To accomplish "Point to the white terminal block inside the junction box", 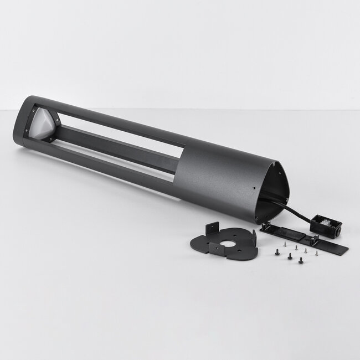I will [325, 223].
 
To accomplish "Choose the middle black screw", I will [289, 256].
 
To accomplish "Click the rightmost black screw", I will [301, 259].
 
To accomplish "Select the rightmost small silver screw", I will [316, 253].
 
